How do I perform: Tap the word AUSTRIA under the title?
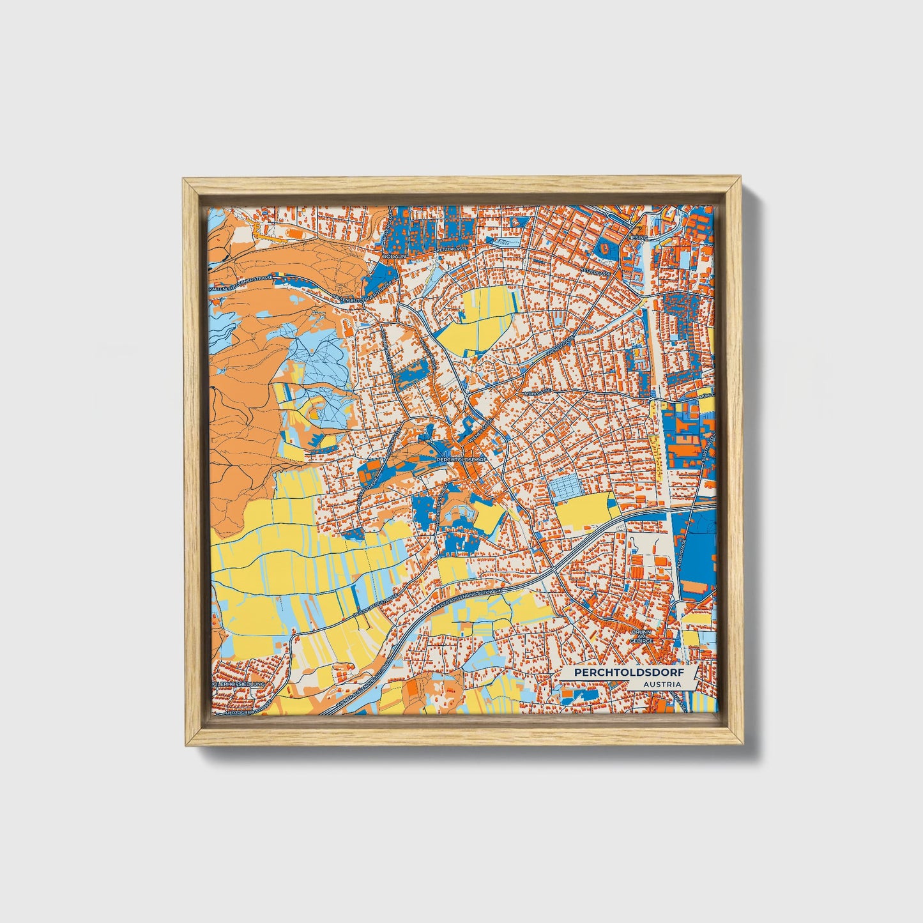coord(662,684)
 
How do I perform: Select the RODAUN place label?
coord(394,256)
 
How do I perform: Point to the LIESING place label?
coord(638,237)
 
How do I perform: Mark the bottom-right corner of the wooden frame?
coord(743,745)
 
